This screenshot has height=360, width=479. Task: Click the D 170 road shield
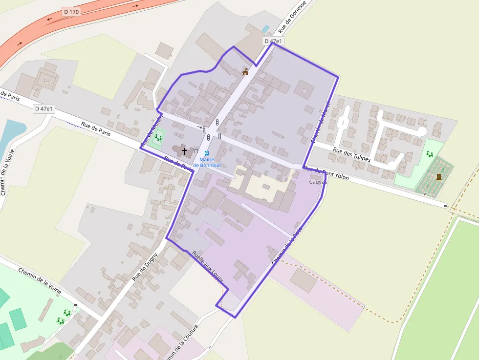[71, 11]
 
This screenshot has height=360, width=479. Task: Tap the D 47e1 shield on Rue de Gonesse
[273, 42]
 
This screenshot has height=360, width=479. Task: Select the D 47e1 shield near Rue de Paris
[44, 109]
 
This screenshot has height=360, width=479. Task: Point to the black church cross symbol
[184, 151]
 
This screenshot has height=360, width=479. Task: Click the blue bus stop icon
[207, 153]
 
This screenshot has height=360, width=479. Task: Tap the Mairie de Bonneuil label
[207, 162]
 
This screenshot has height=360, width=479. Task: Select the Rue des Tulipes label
[351, 155]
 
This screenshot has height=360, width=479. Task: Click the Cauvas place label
[318, 182]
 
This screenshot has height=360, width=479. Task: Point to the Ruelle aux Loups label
[208, 267]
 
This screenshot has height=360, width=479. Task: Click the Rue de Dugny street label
[145, 266]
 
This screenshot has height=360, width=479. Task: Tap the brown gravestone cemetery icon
[438, 177]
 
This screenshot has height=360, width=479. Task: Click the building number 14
[46, 81]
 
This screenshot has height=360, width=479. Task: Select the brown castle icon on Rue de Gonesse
[245, 72]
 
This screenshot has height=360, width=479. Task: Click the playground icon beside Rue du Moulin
[158, 138]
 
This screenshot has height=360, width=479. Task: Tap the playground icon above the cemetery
[430, 154]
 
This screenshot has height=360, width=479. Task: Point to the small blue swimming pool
[265, 29]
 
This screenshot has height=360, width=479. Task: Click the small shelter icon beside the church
[196, 151]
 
